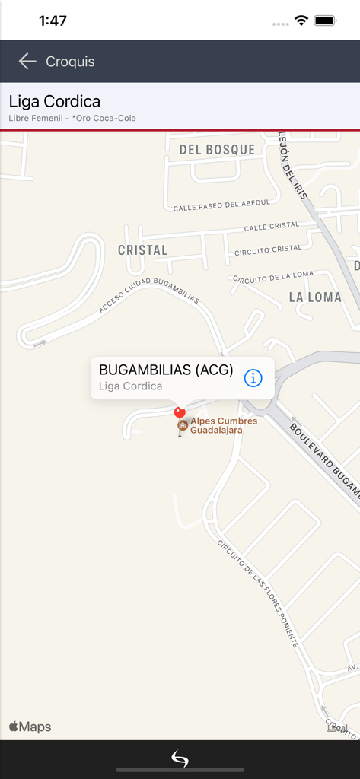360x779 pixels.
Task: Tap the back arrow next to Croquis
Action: (x=27, y=62)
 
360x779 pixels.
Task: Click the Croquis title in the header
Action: (x=70, y=62)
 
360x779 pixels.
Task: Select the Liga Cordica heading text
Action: (x=55, y=101)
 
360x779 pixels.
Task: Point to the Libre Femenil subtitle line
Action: (x=72, y=118)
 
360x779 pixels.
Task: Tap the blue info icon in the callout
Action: (x=253, y=377)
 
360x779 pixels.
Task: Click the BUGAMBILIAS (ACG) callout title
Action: (x=166, y=370)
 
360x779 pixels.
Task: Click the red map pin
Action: (x=180, y=413)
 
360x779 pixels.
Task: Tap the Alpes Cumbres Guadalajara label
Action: (x=223, y=425)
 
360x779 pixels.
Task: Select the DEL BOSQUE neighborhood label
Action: (x=217, y=150)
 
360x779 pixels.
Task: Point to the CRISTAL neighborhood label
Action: (x=142, y=250)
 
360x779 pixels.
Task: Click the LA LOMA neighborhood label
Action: (x=315, y=297)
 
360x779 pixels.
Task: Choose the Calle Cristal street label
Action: (x=272, y=227)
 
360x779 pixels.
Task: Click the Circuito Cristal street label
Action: (x=268, y=250)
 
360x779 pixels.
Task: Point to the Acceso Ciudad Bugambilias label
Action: (x=148, y=297)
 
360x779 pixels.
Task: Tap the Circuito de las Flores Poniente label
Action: (x=258, y=593)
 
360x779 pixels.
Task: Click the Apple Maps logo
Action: (x=30, y=727)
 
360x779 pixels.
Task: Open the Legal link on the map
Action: (x=337, y=728)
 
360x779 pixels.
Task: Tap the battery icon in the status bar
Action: (x=326, y=21)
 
